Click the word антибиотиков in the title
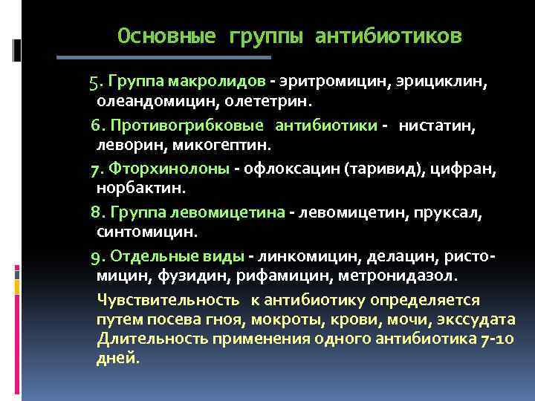(388, 36)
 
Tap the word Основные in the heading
(166, 36)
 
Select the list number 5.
(95, 80)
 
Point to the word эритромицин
(321, 80)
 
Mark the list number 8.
(95, 213)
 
